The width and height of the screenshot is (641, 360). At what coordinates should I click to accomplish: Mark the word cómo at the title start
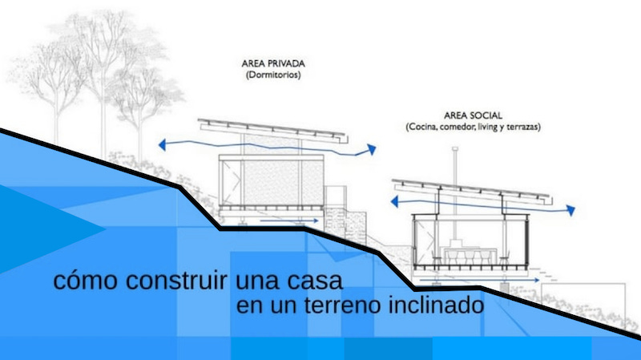pos(79,281)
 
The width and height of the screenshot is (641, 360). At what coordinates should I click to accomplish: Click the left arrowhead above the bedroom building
pos(163,145)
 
